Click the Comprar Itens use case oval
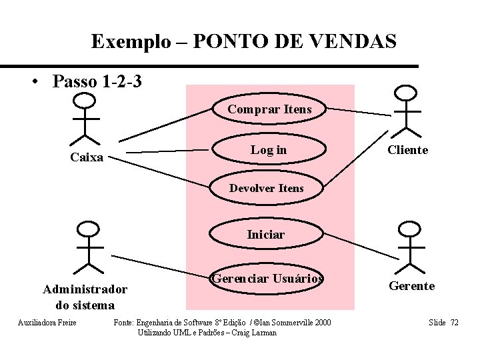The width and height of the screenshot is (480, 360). point(269,109)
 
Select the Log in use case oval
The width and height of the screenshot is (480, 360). point(269,150)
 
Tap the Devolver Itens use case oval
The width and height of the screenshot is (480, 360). point(267,189)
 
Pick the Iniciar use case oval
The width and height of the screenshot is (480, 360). point(265,235)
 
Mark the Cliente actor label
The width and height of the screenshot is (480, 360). point(408,151)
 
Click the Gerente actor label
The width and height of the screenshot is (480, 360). point(412,286)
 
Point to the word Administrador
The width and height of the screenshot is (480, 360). point(85,290)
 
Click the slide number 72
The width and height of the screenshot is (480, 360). point(454,323)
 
